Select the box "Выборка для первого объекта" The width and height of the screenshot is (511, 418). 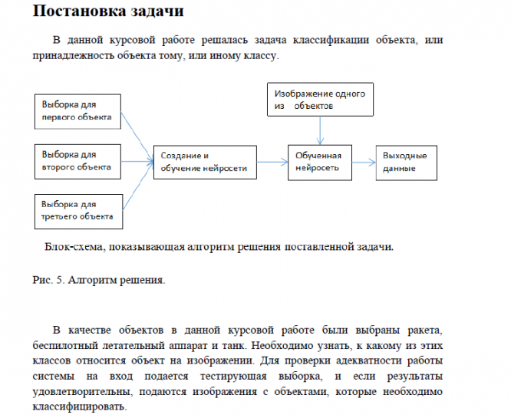[79, 111]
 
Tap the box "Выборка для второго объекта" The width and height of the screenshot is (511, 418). [79, 160]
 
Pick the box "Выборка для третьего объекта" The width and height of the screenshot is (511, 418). [79, 210]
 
